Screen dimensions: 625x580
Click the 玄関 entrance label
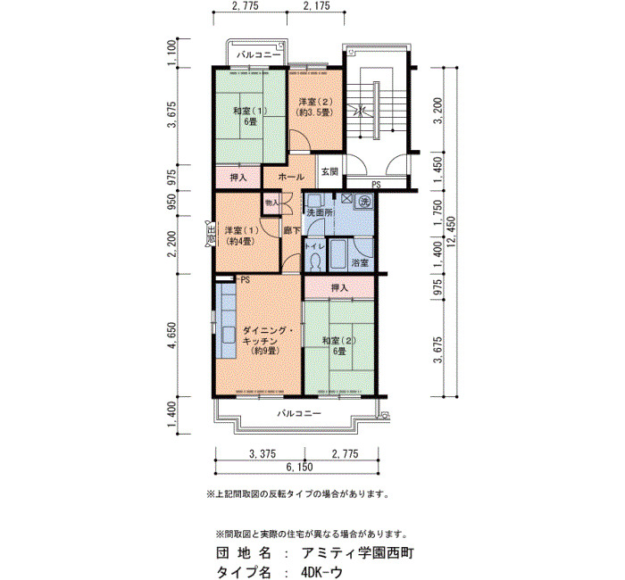(329, 171)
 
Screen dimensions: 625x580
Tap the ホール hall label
(291, 177)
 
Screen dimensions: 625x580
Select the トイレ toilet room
(314, 254)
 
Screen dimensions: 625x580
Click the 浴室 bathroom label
(361, 263)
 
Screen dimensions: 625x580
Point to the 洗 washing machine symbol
(364, 201)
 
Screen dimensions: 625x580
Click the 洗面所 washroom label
(320, 212)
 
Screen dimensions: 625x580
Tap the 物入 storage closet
(272, 203)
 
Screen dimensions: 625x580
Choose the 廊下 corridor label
(292, 230)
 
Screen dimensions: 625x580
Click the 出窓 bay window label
(211, 234)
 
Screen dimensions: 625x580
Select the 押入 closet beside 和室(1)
(238, 178)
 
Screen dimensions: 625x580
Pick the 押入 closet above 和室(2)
(339, 287)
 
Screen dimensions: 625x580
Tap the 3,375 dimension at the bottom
(262, 453)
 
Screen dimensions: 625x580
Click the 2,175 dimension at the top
(316, 6)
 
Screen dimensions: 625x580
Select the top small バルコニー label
(259, 54)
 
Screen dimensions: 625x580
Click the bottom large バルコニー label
(299, 413)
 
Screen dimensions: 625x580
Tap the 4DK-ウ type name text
(322, 572)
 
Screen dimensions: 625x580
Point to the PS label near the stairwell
(376, 185)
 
